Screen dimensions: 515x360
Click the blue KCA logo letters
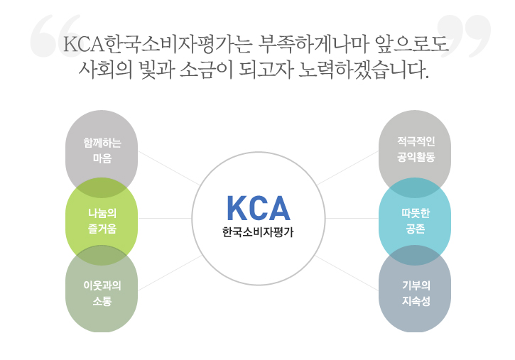(x=259, y=208)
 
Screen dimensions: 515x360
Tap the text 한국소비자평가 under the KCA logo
(x=258, y=232)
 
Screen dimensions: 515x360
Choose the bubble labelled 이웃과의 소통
(x=102, y=289)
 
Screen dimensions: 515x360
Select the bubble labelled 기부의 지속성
(x=415, y=289)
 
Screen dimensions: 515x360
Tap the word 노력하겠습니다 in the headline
(x=364, y=70)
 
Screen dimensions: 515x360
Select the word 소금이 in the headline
(x=206, y=70)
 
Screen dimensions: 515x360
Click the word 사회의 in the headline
(x=105, y=70)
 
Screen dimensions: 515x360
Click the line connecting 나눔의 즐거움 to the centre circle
(x=165, y=218)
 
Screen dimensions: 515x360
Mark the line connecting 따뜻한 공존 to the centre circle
(x=352, y=218)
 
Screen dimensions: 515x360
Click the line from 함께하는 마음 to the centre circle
(x=169, y=168)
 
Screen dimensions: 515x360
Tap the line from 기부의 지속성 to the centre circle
(x=347, y=273)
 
